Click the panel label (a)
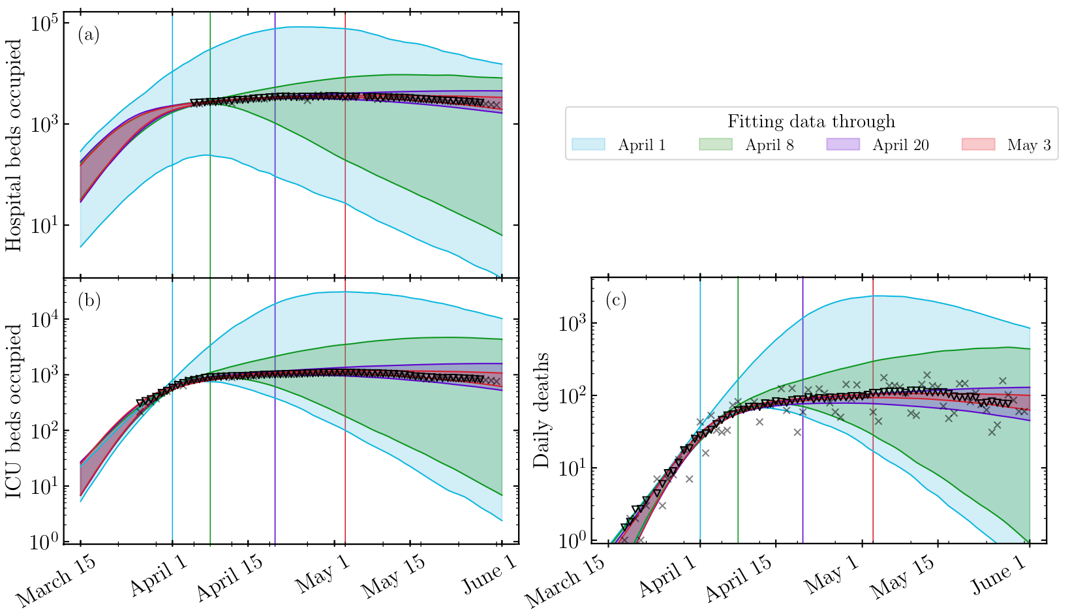pos(89,35)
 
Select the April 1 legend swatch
pos(589,145)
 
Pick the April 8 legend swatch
pos(716,145)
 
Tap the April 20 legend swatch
pos(843,145)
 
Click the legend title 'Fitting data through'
pos(811,122)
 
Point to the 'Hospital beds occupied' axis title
pos(14,145)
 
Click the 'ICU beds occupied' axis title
pos(14,411)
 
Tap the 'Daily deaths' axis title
pos(542,411)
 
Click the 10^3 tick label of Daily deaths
pos(574,324)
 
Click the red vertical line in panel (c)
pos(873,457)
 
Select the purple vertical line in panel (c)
pos(802,457)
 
